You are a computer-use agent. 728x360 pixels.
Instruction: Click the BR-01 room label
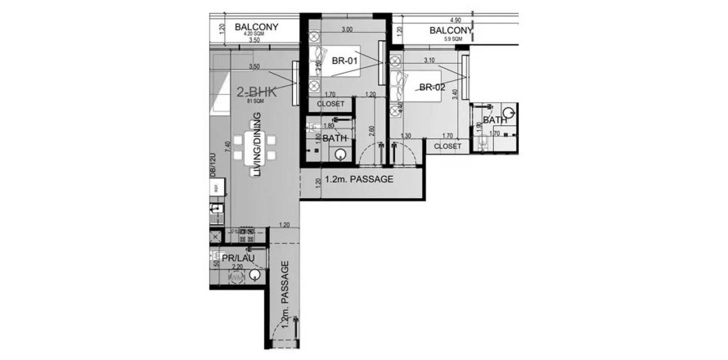click(342, 61)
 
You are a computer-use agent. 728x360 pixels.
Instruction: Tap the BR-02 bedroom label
click(431, 87)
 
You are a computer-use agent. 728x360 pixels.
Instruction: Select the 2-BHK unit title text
click(257, 92)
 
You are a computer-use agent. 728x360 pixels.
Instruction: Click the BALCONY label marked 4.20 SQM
click(257, 27)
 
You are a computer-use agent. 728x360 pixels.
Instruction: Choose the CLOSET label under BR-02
click(447, 146)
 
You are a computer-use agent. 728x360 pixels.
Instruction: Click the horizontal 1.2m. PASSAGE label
click(360, 179)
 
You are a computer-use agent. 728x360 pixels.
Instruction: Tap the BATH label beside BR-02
click(495, 120)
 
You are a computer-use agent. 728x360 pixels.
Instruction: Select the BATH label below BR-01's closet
click(335, 138)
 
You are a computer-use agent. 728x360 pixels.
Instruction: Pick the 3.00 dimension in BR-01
click(347, 29)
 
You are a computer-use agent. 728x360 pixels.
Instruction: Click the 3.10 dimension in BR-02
click(429, 61)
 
